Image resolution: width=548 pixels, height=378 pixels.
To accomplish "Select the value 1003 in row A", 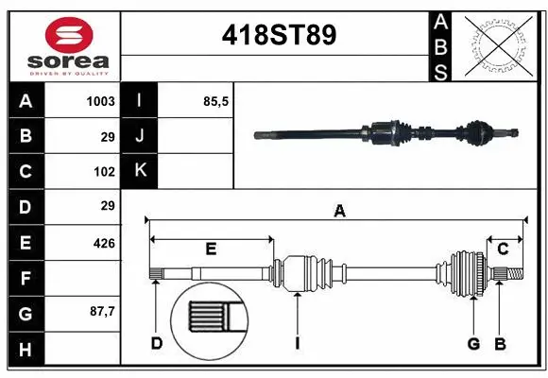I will [100, 100].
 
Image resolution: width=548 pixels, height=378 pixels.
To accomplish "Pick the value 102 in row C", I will [104, 171].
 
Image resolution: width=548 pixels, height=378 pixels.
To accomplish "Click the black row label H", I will [26, 350].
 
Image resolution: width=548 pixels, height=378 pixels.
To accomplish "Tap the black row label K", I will [140, 171].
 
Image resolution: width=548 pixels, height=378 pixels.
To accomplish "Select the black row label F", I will [26, 279].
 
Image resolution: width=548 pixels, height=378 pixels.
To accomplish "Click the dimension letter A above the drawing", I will [339, 212].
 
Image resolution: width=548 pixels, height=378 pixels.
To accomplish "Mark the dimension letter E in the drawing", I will [211, 249].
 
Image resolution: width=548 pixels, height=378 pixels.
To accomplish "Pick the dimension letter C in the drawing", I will [503, 249].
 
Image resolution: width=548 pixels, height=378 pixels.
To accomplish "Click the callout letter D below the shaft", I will [157, 343].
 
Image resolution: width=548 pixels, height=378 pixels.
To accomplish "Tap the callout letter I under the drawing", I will [297, 343].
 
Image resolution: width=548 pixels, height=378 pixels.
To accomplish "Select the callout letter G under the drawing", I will [473, 343].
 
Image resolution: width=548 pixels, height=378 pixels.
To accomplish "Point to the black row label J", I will [140, 136].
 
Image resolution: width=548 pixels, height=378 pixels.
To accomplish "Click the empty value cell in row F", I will [83, 279].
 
